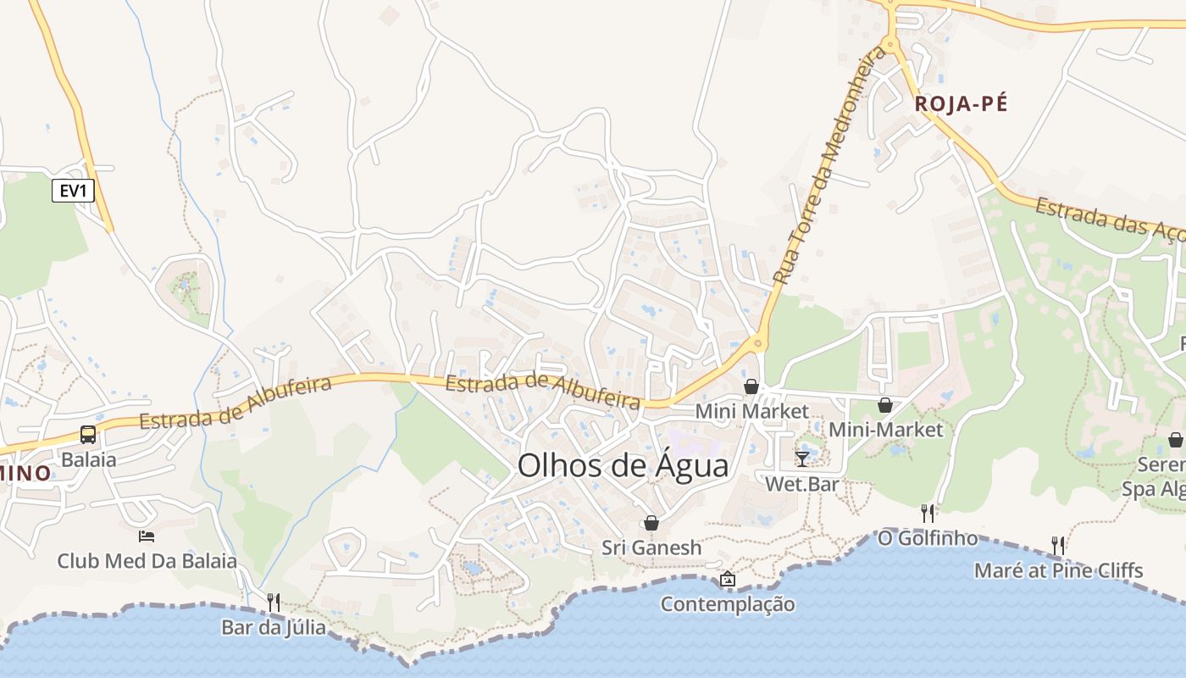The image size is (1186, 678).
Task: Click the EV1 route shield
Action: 73,191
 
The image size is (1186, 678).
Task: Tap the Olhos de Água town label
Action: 623,466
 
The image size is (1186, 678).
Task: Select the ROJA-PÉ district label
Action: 962,104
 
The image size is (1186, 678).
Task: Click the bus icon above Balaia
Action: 88,435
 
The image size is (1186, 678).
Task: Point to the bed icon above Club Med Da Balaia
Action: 147,536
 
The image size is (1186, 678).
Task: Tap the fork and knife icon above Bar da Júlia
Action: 273,603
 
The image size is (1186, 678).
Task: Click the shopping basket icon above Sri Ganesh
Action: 651,523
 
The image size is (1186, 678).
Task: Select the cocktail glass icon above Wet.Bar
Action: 801,458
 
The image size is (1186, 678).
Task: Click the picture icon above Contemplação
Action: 727,580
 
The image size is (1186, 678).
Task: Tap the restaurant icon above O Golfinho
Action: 928,514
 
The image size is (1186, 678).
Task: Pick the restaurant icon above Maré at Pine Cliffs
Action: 1058,545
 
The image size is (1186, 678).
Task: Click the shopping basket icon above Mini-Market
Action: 885,405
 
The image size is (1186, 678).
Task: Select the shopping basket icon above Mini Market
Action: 751,386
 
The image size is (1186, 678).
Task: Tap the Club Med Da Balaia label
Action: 147,561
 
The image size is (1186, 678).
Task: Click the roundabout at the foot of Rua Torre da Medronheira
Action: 757,343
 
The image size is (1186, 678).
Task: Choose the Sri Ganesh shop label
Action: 651,547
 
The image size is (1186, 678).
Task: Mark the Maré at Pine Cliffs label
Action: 1058,570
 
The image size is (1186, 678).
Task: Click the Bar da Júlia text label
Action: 273,628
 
